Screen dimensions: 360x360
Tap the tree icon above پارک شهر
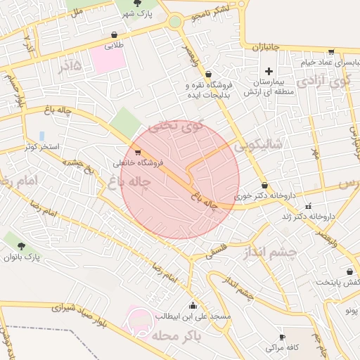click(x=138, y=4)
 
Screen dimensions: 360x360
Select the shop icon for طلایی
click(x=115, y=34)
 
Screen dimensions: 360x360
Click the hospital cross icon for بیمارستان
click(x=269, y=71)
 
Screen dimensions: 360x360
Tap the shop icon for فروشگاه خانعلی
click(x=137, y=152)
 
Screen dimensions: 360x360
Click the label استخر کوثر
click(x=41, y=146)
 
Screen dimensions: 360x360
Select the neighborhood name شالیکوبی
click(x=258, y=145)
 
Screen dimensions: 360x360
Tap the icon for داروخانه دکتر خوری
click(x=264, y=186)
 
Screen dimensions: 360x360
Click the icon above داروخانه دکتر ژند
click(x=308, y=206)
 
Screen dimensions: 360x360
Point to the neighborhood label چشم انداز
click(x=271, y=251)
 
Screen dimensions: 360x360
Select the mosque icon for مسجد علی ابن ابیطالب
click(x=193, y=306)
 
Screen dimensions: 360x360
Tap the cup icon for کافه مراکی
click(x=283, y=337)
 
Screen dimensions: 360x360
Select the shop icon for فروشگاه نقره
click(x=209, y=74)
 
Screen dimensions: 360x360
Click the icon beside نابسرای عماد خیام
click(x=331, y=51)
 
